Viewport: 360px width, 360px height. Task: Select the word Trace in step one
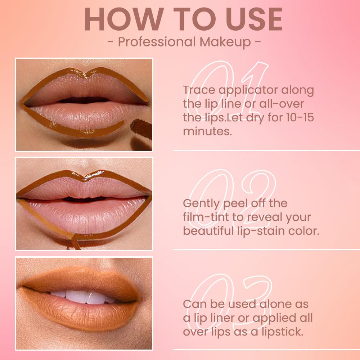[x=199, y=90]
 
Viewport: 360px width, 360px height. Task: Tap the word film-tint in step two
[x=206, y=217]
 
